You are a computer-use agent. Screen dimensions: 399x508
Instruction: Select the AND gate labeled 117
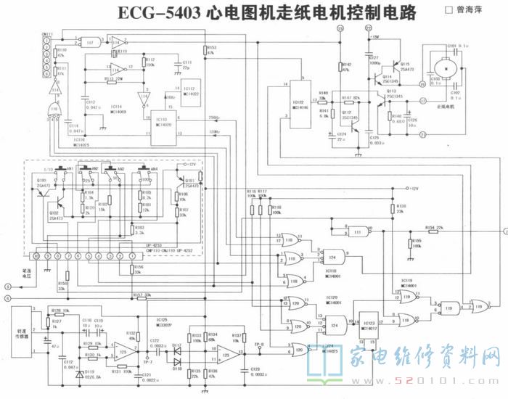90,41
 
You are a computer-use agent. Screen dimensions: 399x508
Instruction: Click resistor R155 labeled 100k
410,244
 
